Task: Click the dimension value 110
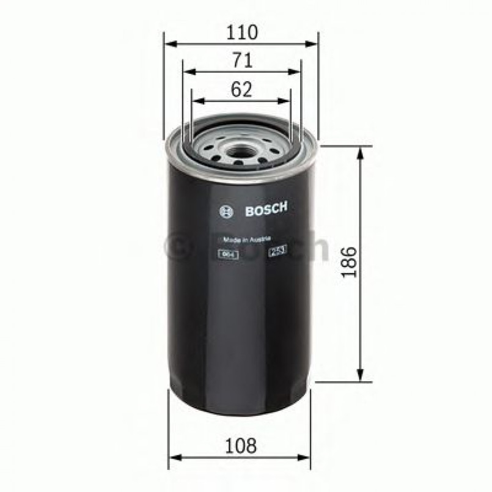pos(241,32)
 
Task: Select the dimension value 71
pos(242,60)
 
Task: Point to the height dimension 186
pos(348,263)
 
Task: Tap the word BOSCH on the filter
pos(266,210)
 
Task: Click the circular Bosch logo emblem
pos(226,212)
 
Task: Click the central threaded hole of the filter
pos(239,147)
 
